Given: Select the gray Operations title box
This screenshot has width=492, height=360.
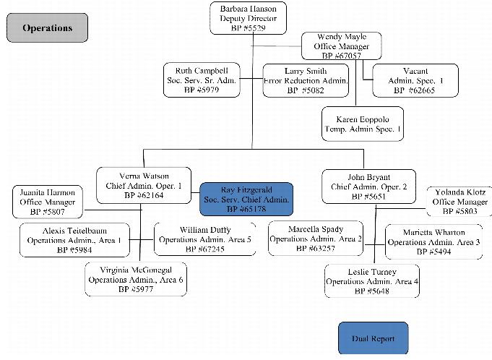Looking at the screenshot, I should pos(48,28).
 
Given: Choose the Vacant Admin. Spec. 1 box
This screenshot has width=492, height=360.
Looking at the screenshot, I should pos(408,80).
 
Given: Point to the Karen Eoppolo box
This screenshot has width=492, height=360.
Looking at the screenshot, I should pos(363,124).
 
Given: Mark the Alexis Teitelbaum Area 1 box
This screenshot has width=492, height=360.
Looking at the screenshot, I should pos(74,240).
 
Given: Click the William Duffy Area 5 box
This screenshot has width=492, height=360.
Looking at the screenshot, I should pos(205,239).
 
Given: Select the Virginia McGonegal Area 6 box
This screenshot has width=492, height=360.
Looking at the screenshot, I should pos(136,279).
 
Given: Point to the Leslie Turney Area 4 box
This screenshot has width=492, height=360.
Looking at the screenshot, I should pos(372,281).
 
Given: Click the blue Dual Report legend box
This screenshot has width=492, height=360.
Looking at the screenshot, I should pos(372,338).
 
